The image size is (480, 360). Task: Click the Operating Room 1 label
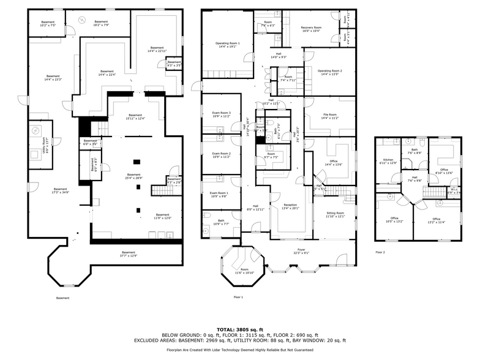tap(227, 45)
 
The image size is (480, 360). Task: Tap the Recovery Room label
tap(312, 29)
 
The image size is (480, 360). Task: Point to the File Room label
tap(329, 115)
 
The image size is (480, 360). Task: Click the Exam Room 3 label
tap(221, 114)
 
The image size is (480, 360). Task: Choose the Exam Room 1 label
tap(219, 195)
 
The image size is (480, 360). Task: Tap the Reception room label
tap(290, 206)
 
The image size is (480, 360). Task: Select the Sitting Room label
tap(335, 214)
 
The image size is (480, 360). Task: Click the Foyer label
tap(301, 251)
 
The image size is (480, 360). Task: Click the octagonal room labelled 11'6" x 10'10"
tap(244, 271)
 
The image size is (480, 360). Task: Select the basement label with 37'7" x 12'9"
tap(129, 254)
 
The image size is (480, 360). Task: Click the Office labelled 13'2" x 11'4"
tap(436, 220)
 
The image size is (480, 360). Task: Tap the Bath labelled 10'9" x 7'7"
tap(220, 222)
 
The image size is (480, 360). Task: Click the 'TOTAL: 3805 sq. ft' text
tap(239, 329)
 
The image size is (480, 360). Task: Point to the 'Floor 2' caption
tap(380, 252)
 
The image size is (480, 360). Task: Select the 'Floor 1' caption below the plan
tap(238, 297)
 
